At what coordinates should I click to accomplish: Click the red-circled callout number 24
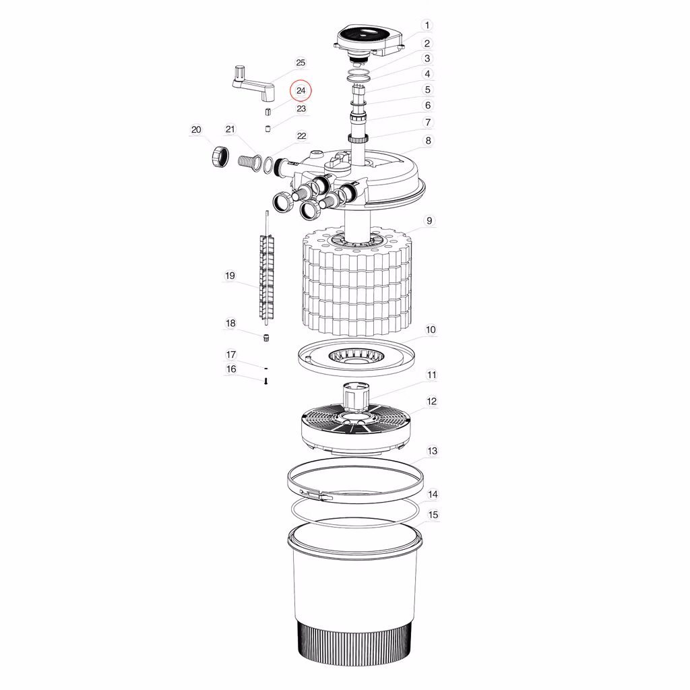point(301,91)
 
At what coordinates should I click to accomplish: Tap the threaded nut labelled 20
point(220,156)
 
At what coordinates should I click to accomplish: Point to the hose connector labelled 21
point(249,160)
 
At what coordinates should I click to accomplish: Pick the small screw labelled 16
point(265,381)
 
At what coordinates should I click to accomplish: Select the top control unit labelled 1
point(369,43)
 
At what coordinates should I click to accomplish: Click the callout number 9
point(429,221)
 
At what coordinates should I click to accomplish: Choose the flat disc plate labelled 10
point(356,357)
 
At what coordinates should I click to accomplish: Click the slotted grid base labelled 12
point(356,429)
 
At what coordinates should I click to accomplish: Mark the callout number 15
point(433,515)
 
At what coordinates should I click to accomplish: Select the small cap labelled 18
point(266,338)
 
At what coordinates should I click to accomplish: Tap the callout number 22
point(301,136)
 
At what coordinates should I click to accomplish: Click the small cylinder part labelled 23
point(268,129)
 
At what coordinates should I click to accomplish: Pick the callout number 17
point(231,354)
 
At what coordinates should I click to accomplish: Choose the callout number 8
point(428,141)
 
